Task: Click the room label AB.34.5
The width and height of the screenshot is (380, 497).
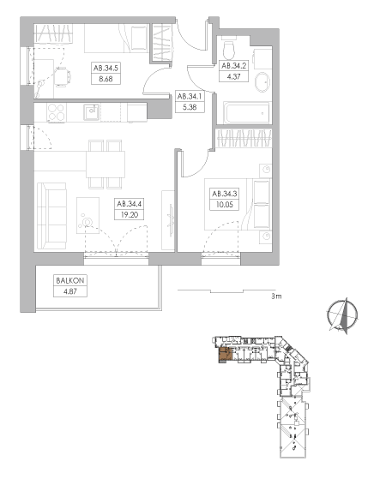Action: click(106, 68)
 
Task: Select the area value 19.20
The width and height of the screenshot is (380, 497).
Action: click(130, 214)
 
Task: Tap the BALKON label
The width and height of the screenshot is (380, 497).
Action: click(70, 280)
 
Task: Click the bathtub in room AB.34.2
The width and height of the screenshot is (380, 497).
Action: click(247, 113)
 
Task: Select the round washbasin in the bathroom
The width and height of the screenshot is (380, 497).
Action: click(262, 81)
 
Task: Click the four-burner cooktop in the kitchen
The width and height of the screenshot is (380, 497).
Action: click(57, 112)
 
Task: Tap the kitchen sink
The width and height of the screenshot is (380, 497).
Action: click(92, 112)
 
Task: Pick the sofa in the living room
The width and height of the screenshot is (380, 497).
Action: click(51, 216)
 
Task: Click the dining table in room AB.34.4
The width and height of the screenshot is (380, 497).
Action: click(106, 165)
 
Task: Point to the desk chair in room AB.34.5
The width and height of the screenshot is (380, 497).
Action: click(62, 77)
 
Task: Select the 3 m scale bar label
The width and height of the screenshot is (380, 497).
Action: click(276, 296)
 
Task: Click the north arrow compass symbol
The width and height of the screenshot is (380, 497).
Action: click(342, 315)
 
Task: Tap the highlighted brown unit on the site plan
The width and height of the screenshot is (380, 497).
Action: click(226, 355)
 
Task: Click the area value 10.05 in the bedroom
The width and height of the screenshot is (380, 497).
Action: click(224, 205)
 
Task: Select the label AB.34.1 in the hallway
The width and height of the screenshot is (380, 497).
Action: click(190, 96)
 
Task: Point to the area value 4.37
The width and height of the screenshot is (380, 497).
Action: click(233, 76)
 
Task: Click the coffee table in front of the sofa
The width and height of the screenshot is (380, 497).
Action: click(87, 216)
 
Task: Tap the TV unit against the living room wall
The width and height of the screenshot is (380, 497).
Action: click(168, 220)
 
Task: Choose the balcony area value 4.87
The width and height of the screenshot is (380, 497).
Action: click(70, 291)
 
